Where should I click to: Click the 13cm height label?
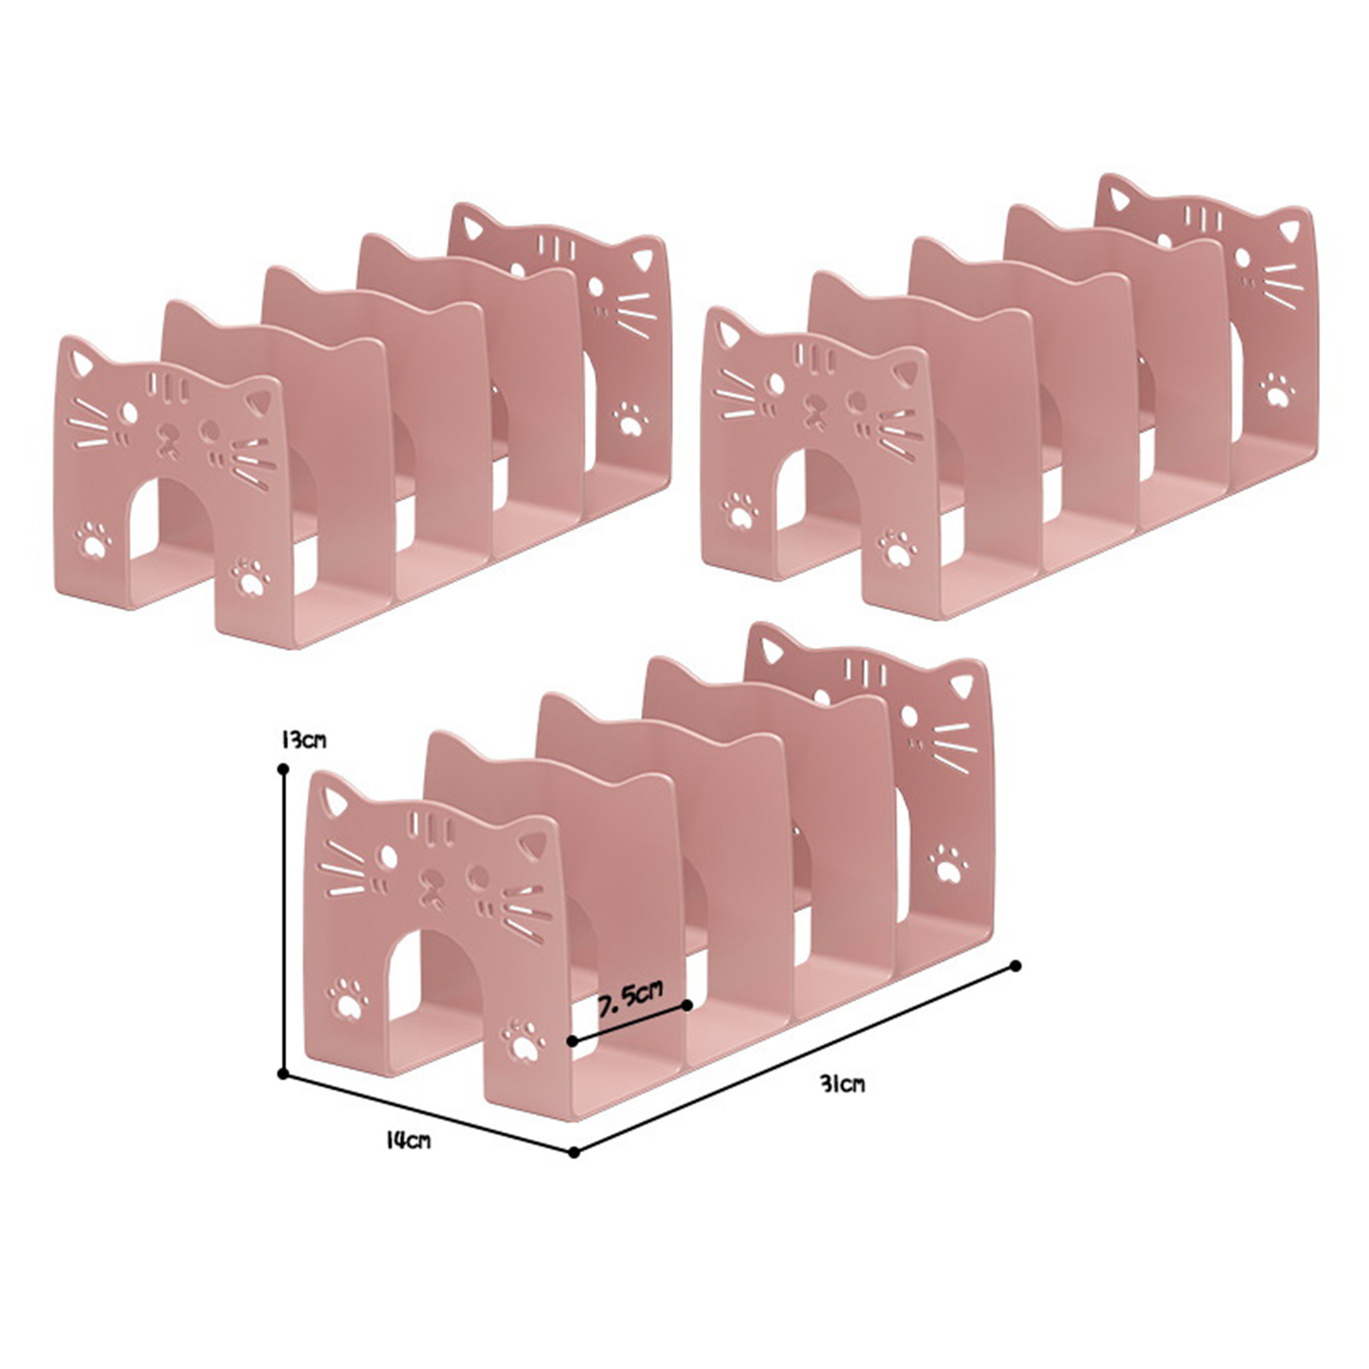click(303, 740)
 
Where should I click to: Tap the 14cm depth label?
click(408, 1141)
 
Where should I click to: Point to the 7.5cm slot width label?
click(631, 997)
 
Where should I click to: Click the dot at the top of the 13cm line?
click(282, 769)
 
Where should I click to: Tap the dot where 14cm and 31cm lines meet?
click(574, 1153)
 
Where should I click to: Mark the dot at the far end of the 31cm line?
click(1016, 966)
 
